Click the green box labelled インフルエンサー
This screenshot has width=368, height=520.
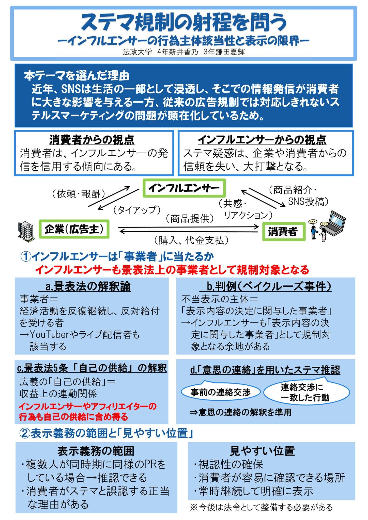[184, 188]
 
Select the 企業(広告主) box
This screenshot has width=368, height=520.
[74, 229]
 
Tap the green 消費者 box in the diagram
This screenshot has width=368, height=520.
[283, 232]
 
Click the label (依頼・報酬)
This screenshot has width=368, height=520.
[78, 194]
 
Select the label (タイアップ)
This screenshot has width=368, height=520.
[136, 210]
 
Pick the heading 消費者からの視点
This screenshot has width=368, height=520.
[92, 140]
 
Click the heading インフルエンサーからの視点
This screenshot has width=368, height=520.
[262, 140]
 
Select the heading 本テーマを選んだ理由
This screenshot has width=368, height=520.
[77, 76]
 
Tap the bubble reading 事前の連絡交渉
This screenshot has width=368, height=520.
[220, 392]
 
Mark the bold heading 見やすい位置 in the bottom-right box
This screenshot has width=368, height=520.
[262, 451]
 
